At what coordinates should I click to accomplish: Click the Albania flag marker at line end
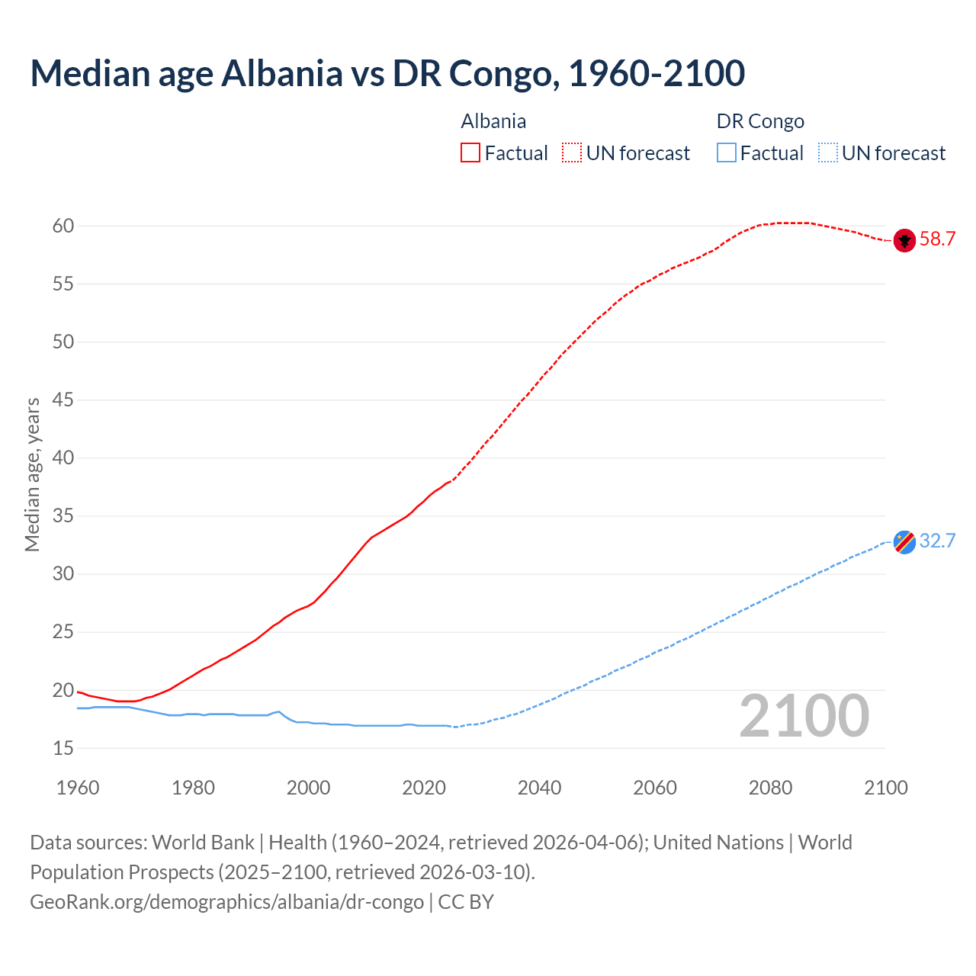click(x=904, y=240)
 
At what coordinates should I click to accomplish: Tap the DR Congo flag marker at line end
click(x=904, y=541)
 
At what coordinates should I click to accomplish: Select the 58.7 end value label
click(x=937, y=239)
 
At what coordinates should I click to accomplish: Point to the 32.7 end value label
click(x=937, y=541)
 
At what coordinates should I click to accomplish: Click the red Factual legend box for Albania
click(x=470, y=153)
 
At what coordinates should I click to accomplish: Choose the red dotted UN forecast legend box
click(x=572, y=153)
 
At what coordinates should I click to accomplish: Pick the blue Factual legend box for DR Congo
click(x=727, y=153)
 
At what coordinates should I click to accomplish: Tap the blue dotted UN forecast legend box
click(x=827, y=153)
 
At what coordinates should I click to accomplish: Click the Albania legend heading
click(x=493, y=121)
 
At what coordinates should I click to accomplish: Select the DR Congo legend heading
click(x=760, y=121)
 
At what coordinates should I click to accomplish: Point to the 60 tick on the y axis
click(x=63, y=226)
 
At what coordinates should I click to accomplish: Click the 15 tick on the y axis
click(x=63, y=749)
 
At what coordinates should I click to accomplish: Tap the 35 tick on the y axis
click(x=63, y=516)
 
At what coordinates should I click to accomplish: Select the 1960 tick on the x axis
click(x=78, y=788)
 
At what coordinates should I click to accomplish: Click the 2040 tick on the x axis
click(x=539, y=788)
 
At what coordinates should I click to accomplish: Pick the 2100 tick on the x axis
click(x=886, y=788)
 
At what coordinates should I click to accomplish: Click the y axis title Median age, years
click(x=32, y=474)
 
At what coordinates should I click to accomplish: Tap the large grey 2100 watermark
click(x=804, y=716)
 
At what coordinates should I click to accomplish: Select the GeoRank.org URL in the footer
click(x=226, y=902)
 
